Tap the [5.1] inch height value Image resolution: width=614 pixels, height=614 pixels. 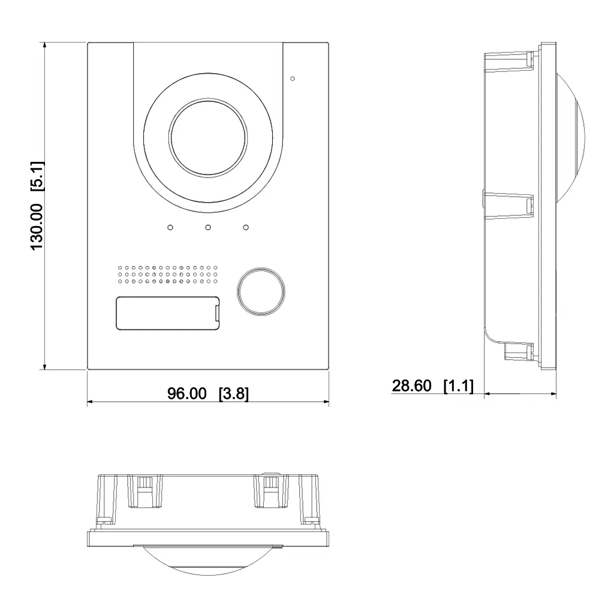[37, 176]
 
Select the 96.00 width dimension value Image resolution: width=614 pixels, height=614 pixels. [186, 393]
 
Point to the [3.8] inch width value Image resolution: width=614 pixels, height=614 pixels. [233, 393]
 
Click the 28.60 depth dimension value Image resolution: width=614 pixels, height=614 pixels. [411, 386]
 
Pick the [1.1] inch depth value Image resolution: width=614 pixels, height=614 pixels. [458, 386]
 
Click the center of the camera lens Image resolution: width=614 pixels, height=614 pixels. [208, 139]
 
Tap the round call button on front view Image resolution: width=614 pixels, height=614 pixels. [260, 291]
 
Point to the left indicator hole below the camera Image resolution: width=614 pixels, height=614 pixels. [170, 228]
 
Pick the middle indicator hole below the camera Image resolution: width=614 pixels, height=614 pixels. [208, 228]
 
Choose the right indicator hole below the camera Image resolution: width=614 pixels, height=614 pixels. [246, 228]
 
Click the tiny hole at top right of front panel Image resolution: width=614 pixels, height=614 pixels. [292, 78]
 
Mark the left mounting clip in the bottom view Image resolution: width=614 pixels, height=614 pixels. [144, 490]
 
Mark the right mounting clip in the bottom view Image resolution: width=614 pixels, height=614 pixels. [271, 490]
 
